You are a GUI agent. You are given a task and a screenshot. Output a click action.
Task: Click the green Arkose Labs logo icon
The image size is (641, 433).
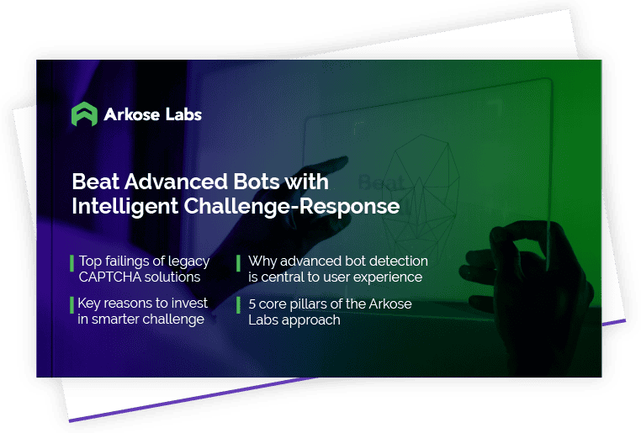pos(85,114)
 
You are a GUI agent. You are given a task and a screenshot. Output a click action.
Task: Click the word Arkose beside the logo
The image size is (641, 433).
pos(131,114)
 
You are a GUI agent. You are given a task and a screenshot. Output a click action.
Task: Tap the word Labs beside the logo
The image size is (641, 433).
pos(183,114)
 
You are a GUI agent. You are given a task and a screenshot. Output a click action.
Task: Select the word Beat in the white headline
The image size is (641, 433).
pos(96,182)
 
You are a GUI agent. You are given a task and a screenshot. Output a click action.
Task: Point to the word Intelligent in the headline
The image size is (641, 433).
pos(125,206)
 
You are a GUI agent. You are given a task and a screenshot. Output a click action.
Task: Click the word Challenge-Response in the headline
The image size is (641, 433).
pos(292,206)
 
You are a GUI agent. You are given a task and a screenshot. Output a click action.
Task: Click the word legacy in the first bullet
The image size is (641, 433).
pos(189,261)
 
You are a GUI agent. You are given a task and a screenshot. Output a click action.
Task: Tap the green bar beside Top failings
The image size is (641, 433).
pos(72,263)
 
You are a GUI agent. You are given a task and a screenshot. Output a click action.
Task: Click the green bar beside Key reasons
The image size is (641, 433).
pos(72,305)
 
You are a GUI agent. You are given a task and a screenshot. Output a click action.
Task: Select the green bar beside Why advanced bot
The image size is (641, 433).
pos(238,263)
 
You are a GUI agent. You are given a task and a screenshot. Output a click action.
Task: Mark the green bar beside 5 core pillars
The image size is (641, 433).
pos(238,305)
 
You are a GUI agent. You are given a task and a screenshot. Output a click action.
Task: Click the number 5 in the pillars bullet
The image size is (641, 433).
pos(252,304)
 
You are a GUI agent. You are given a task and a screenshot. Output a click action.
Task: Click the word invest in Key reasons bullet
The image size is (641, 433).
pos(189,303)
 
